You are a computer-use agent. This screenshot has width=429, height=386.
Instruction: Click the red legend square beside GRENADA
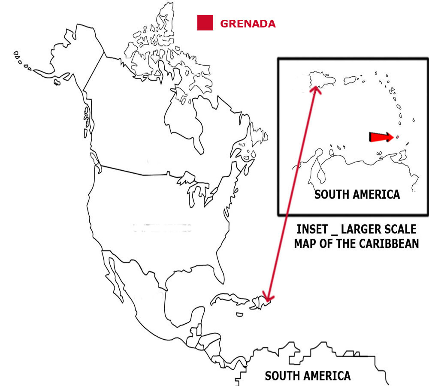pyautogui.click(x=205, y=23)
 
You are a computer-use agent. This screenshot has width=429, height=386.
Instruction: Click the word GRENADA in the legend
pyautogui.click(x=248, y=24)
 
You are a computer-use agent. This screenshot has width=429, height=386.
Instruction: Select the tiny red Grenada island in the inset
pyautogui.click(x=397, y=137)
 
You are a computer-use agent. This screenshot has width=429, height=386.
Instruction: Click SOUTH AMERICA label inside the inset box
pyautogui.click(x=357, y=194)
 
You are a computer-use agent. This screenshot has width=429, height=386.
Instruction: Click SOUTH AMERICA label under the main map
pyautogui.click(x=307, y=376)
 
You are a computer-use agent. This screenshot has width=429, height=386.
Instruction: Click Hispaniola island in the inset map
pyautogui.click(x=322, y=81)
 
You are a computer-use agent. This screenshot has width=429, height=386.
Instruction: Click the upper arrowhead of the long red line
pyautogui.click(x=316, y=89)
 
